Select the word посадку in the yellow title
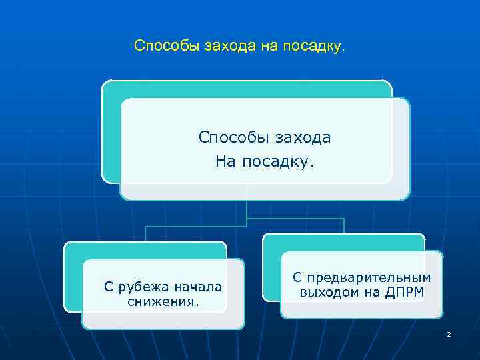[x=310, y=46]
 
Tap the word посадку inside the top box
[x=277, y=162]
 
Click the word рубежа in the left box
[x=143, y=287]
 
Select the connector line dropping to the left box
[x=145, y=233]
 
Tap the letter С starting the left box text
[x=109, y=287]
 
